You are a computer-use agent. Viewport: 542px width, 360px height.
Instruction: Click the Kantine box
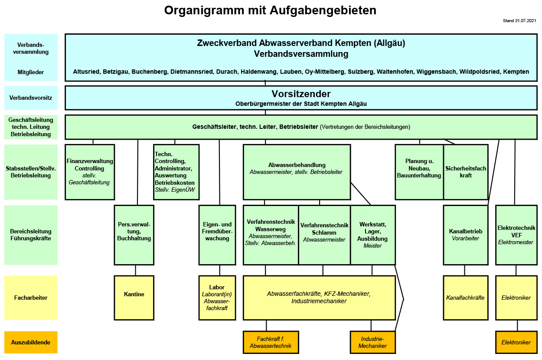[x=134, y=298]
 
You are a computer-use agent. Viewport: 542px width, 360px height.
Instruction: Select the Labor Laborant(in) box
[x=217, y=298]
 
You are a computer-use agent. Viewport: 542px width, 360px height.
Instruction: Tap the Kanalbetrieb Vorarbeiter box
[x=465, y=235]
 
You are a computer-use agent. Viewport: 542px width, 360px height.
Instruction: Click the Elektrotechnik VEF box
[x=516, y=235]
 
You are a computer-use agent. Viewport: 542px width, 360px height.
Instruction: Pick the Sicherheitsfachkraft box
[x=466, y=172]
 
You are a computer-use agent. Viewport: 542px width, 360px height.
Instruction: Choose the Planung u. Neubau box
[x=419, y=172]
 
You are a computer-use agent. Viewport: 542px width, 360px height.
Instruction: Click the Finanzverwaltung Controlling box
[x=90, y=172]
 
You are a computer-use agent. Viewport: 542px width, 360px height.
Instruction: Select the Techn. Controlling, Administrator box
[x=176, y=172]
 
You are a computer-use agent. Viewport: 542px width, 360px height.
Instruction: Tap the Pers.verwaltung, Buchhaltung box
[x=134, y=235]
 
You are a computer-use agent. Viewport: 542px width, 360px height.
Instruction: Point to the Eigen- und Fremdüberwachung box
[x=217, y=235]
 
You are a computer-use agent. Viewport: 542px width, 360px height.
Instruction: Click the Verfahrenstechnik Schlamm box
[x=324, y=235]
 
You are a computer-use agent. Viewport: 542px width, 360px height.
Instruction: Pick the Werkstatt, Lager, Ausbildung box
[x=373, y=235]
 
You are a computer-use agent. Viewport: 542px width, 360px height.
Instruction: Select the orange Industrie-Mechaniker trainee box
[x=373, y=342]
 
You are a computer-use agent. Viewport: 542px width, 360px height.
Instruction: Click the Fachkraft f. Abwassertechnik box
[x=271, y=342]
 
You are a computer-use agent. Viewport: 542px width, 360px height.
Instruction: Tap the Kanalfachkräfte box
[x=465, y=298]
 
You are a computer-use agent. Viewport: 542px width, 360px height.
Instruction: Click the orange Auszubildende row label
[x=31, y=342]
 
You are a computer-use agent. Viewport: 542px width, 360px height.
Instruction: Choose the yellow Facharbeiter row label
[x=31, y=298]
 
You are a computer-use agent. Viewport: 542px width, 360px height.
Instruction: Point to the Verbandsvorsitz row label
[x=31, y=98]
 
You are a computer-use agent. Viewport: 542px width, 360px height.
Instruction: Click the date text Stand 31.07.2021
[x=519, y=20]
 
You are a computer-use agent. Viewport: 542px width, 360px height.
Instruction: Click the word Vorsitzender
[x=301, y=94]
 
